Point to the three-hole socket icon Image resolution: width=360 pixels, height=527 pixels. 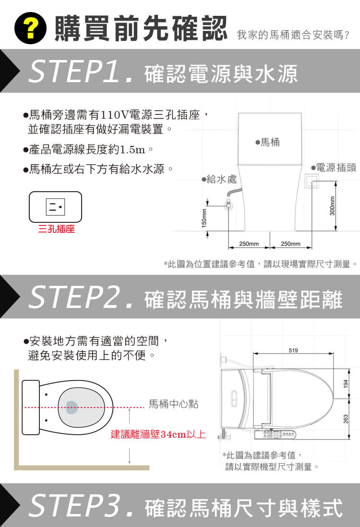tap(55, 207)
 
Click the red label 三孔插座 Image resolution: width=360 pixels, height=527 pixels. tap(56, 230)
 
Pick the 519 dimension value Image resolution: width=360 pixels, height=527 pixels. tap(293, 350)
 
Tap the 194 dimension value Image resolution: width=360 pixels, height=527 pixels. tap(345, 383)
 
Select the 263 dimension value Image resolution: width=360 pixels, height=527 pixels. tap(345, 419)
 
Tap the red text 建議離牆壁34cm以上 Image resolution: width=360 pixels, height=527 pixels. tap(158, 435)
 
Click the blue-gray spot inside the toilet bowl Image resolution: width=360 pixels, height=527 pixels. tap(71, 407)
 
